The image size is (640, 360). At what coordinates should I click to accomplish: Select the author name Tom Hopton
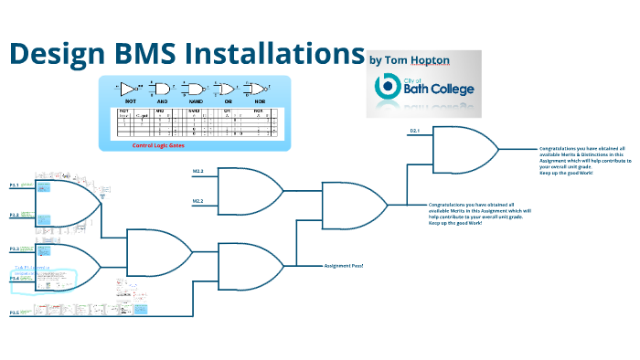pyautogui.click(x=413, y=60)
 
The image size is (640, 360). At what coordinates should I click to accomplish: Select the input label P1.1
pyautogui.click(x=15, y=185)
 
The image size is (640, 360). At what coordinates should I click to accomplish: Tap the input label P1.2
pyautogui.click(x=15, y=215)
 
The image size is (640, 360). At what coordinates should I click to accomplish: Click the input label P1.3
pyautogui.click(x=15, y=249)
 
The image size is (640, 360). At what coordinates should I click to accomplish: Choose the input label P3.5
pyautogui.click(x=15, y=313)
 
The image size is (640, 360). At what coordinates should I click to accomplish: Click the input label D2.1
pyautogui.click(x=414, y=132)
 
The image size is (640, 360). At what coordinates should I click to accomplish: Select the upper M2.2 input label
pyautogui.click(x=197, y=172)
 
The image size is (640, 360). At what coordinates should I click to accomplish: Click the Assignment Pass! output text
pyautogui.click(x=344, y=265)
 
